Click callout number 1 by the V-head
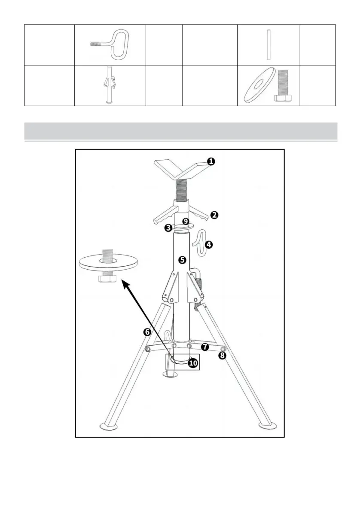211,161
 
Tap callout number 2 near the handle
213,215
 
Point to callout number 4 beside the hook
209,244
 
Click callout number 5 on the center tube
183,260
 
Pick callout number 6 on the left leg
147,332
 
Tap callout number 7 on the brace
205,346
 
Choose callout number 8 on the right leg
222,355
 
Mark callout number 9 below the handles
186,222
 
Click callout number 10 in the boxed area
192,363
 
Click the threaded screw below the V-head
181,189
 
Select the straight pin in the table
268,44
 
